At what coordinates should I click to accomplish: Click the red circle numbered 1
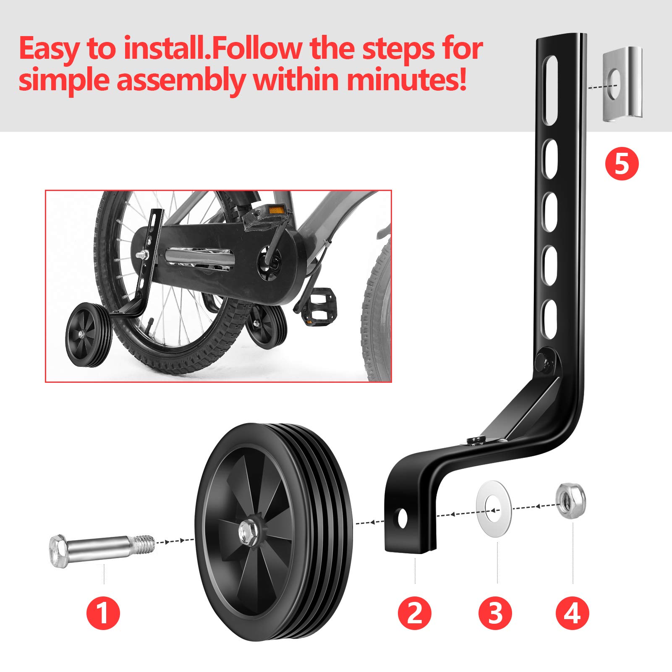click(x=103, y=613)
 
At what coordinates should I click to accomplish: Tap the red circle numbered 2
click(x=415, y=613)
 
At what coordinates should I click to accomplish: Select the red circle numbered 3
click(x=495, y=613)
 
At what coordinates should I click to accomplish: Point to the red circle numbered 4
click(x=573, y=613)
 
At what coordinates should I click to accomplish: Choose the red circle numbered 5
click(x=622, y=164)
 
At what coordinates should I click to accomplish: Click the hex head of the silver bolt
click(x=58, y=551)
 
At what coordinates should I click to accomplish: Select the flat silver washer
click(x=494, y=508)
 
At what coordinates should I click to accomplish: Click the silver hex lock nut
click(x=570, y=501)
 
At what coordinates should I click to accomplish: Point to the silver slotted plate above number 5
click(x=622, y=84)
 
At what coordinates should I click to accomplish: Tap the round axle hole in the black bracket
click(x=403, y=518)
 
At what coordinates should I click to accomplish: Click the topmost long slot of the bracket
click(x=550, y=90)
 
